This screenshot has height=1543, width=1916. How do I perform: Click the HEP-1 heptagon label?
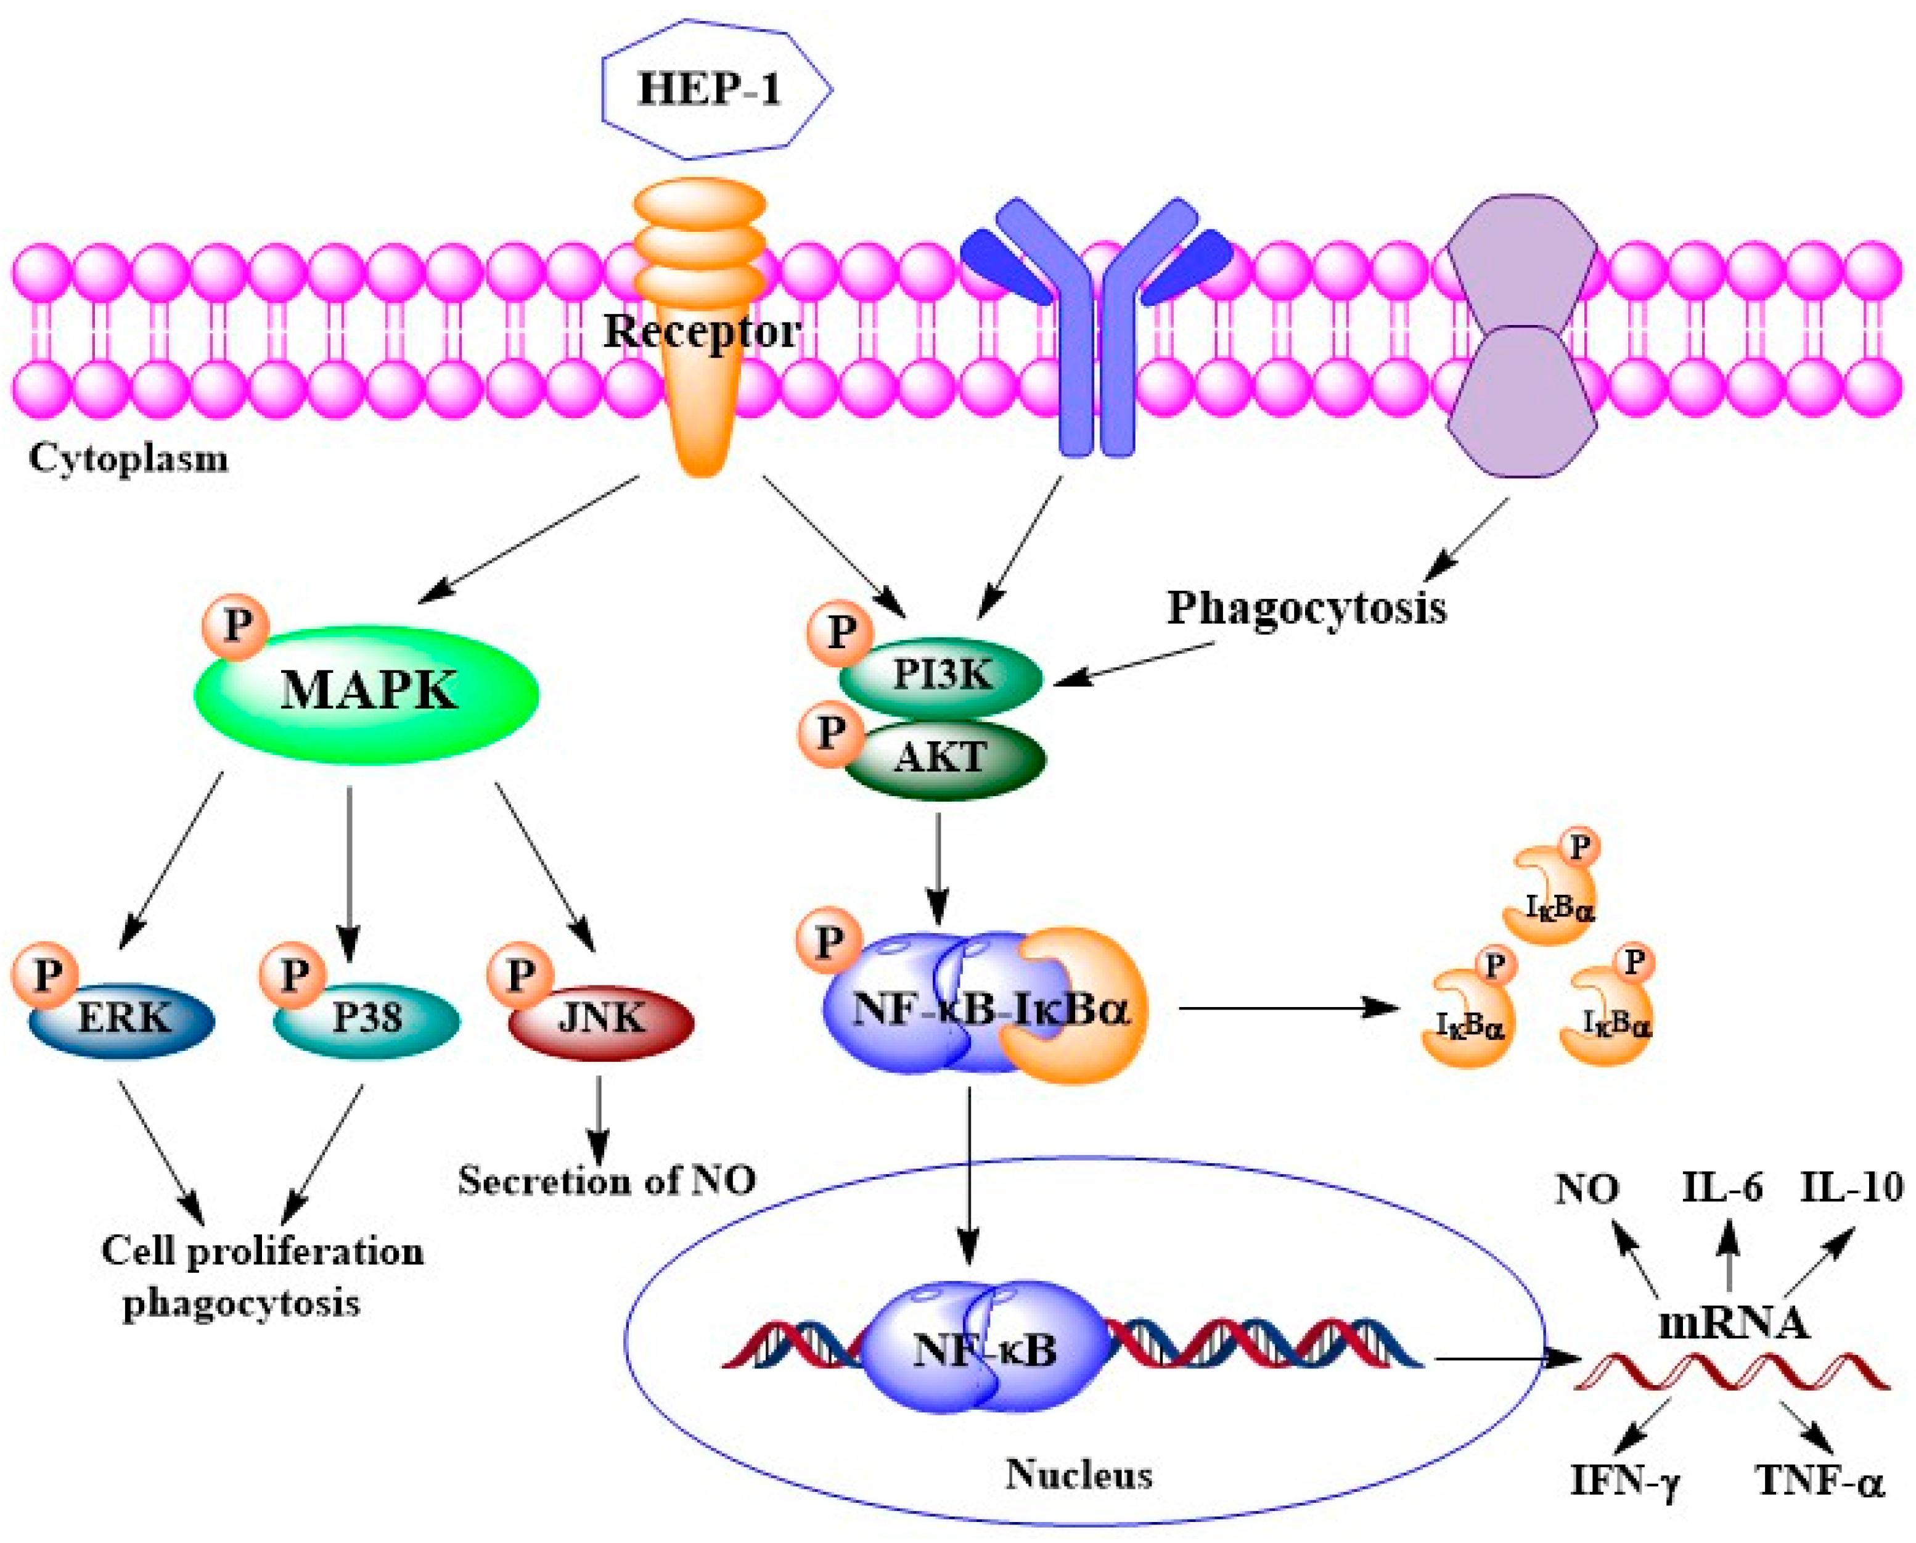[709, 90]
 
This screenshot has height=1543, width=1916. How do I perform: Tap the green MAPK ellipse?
[367, 693]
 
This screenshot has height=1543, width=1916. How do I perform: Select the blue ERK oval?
[123, 1018]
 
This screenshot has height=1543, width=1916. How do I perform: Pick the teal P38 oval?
[366, 1018]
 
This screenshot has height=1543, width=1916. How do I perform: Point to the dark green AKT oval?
[944, 757]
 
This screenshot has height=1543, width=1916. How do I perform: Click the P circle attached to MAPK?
[236, 627]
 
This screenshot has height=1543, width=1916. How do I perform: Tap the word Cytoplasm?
[129, 459]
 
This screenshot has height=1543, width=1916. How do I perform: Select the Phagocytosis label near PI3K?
[1306, 609]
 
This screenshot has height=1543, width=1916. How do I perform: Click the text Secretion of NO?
[607, 1180]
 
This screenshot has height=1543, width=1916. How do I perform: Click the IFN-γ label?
[1624, 1482]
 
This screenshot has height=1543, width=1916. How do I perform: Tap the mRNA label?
[1733, 1323]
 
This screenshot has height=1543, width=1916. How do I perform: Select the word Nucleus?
[1079, 1475]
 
